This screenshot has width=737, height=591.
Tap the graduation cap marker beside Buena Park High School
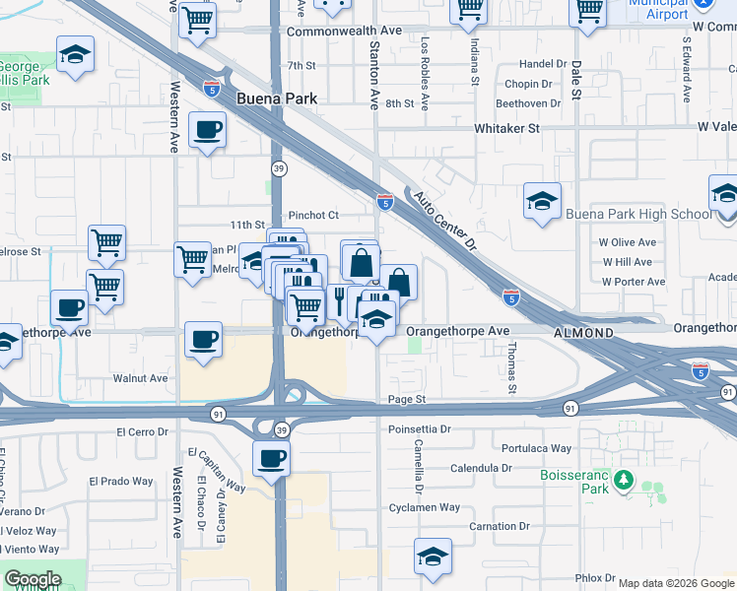(542, 202)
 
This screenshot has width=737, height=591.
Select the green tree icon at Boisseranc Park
(623, 481)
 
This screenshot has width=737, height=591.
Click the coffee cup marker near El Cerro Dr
(271, 458)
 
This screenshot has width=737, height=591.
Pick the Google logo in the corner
(32, 579)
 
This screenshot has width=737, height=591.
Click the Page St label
(406, 400)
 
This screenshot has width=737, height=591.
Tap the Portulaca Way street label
(536, 448)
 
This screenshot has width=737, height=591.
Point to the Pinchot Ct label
(313, 215)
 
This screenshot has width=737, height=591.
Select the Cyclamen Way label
(424, 507)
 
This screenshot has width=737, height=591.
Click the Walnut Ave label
(140, 377)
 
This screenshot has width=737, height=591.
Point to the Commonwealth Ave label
(344, 31)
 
